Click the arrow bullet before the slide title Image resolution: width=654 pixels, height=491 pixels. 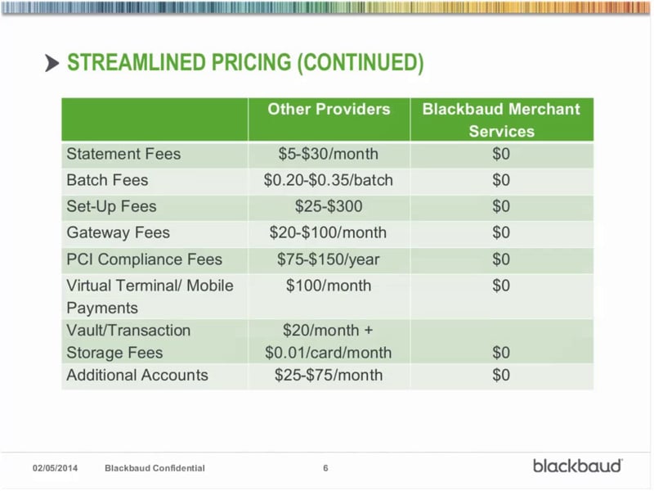[52, 63]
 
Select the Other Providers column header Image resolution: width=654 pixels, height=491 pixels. [329, 110]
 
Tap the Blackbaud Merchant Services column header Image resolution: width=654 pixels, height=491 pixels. [501, 119]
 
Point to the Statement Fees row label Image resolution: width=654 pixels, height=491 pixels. [123, 154]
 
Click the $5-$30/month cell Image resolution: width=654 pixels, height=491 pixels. [329, 154]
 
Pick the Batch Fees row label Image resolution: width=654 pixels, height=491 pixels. [107, 180]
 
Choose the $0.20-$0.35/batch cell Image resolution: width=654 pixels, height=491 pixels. [329, 180]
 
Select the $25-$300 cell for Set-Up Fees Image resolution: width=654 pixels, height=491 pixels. [329, 206]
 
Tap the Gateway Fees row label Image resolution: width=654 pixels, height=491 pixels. [118, 233]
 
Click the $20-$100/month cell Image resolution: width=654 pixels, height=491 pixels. [329, 233]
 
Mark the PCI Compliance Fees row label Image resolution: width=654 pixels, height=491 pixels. [144, 259]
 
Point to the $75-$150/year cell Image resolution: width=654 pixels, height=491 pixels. [329, 259]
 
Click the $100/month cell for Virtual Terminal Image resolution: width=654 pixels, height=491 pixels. [329, 286]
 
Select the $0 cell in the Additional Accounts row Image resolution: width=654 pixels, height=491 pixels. [501, 376]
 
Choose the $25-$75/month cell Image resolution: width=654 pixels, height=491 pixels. [329, 376]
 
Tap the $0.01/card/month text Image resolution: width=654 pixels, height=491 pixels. [329, 354]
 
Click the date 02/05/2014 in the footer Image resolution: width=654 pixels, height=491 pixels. [54, 468]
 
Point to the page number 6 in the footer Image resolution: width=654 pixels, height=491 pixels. [325, 468]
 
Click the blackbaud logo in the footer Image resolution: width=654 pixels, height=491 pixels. [578, 466]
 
